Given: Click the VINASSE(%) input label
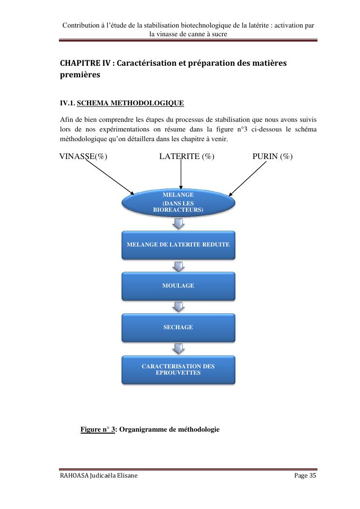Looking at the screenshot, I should (x=83, y=156).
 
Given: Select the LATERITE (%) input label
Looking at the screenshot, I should (x=187, y=156).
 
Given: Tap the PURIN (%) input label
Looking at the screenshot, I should (x=272, y=156).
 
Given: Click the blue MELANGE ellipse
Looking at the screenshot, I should (x=178, y=203).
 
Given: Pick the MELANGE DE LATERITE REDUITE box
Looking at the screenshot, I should (x=178, y=245).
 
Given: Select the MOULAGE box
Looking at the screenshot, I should (x=178, y=286).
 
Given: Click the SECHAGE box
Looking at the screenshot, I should (x=178, y=327).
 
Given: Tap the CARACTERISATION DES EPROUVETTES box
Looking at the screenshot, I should (x=178, y=370).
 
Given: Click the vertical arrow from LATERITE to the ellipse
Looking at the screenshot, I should (x=181, y=174).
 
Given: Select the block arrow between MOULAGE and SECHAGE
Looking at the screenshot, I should (x=178, y=307).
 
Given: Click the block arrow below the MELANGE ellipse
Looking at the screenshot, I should (x=178, y=223).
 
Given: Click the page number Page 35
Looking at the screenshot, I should (x=305, y=476).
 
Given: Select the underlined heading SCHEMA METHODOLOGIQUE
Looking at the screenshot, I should (x=130, y=103).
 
